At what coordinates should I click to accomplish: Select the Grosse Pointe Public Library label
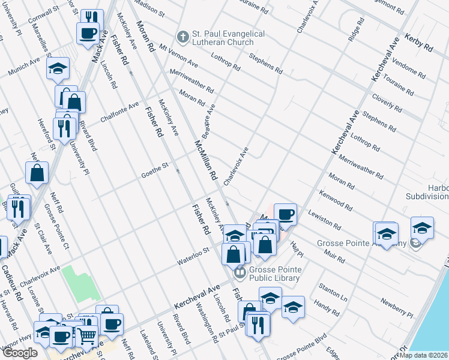[x=277, y=273]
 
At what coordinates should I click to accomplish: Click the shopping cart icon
[x=86, y=337]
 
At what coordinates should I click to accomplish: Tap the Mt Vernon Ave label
[x=178, y=56]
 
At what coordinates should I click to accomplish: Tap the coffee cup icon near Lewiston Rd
[x=286, y=214]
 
